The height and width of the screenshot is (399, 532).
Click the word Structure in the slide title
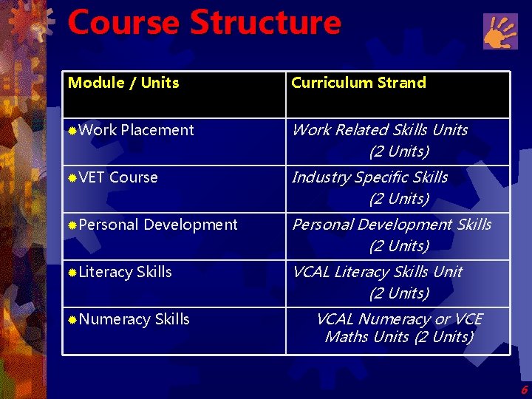[265, 22]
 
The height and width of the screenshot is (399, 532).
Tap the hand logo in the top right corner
[500, 32]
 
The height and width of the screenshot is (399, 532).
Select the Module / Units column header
[123, 83]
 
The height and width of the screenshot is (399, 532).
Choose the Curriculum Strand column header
[358, 83]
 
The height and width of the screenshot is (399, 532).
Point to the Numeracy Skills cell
[134, 319]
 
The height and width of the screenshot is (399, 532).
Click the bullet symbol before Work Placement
[72, 131]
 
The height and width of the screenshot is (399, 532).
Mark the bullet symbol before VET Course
[72, 178]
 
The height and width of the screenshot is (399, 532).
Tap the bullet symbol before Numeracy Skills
[72, 320]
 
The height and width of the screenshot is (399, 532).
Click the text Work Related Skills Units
[380, 130]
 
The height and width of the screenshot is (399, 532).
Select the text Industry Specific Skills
[370, 177]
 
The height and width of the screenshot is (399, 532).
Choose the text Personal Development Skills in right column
[392, 225]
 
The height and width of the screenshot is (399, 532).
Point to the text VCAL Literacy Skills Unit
[378, 272]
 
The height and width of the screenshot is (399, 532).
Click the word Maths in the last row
[345, 337]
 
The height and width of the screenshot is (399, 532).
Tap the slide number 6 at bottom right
[524, 390]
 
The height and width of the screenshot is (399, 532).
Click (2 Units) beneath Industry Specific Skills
[399, 199]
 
